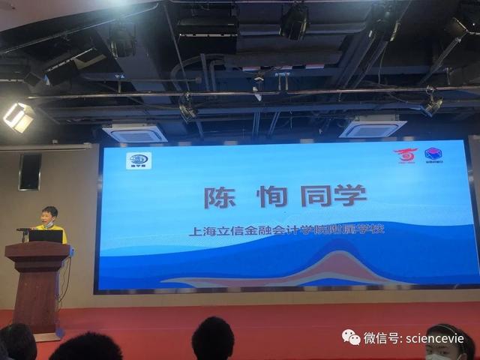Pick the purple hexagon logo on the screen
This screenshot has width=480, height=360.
pos(433,156)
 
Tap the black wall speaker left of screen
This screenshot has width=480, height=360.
pos(30,172)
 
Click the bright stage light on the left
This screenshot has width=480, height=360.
pos(19,116)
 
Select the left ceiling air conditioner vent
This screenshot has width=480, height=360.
pos(135,133)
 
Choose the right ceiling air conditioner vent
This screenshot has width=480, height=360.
pos(373,128)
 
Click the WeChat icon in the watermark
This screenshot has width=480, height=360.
pos(352,338)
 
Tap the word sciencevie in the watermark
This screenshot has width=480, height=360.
pos(435,338)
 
